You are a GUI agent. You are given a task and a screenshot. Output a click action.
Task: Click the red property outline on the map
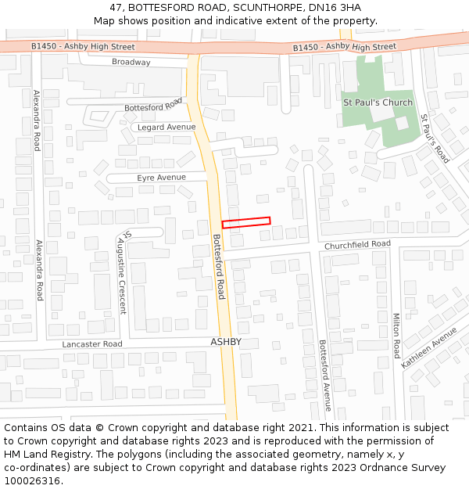pos(246,223)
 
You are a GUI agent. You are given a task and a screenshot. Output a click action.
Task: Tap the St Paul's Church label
pos(378,102)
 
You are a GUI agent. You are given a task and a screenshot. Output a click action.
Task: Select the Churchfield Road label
pos(357,245)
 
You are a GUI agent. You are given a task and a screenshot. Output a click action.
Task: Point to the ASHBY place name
pos(226,342)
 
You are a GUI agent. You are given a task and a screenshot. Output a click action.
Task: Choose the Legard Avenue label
pos(166,127)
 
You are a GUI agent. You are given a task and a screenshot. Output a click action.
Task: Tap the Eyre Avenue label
pos(161,178)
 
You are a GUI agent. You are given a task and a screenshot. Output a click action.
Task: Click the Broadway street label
pos(131,62)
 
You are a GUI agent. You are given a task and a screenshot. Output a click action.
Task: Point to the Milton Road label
pos(396,336)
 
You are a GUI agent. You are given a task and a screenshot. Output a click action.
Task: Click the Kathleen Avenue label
pos(428,347)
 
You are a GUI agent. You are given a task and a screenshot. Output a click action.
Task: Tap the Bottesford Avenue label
pos(324,375)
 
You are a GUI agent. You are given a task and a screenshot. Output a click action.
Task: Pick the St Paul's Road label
pos(435,138)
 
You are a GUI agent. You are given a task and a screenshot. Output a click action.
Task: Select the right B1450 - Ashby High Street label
pos(344,48)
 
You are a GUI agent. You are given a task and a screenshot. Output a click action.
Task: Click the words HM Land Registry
pos(44,455)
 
